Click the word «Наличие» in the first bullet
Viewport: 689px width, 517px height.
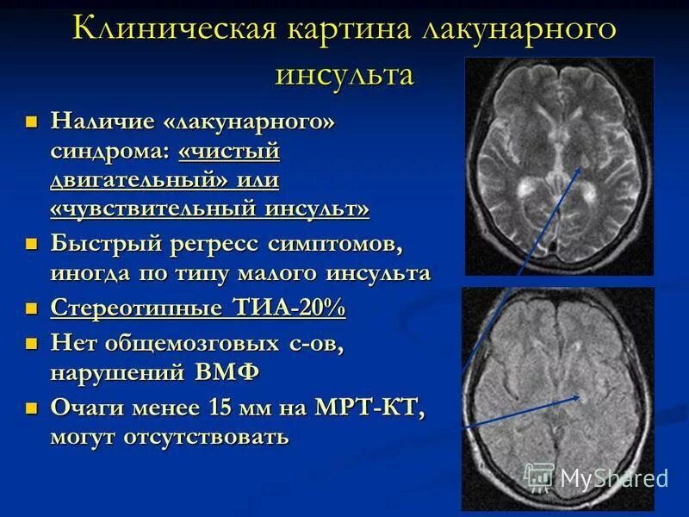pos(102,121)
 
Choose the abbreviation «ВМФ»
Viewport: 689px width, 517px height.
pos(235,372)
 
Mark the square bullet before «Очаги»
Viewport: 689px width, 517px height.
pos(33,408)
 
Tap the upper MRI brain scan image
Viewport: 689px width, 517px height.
pos(559,165)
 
